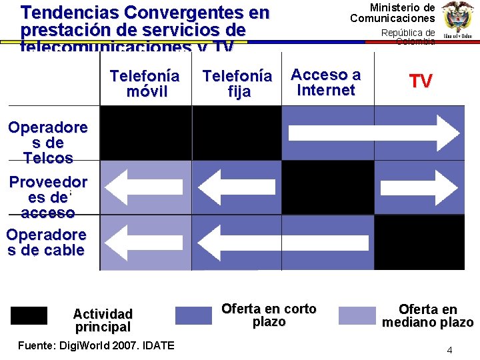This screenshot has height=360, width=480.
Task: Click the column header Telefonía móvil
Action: point(145,83)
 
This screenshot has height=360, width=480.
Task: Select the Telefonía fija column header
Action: point(237,84)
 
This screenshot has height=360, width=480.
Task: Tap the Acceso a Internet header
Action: point(326,82)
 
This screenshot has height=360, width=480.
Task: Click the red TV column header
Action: point(421,81)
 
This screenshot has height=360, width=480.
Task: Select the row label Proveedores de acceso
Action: point(48,197)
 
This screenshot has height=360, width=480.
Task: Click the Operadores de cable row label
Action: point(47,243)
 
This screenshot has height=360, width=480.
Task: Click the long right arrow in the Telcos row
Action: point(373,133)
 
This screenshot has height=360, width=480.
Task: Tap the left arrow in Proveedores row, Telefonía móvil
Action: point(145,187)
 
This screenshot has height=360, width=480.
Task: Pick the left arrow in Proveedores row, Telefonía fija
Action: point(237,187)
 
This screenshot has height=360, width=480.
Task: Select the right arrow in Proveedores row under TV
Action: point(419,187)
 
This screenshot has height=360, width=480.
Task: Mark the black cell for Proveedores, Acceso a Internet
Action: point(327,187)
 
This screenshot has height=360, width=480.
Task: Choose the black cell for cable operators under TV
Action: point(419,242)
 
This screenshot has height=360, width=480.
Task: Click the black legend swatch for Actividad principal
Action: point(29,315)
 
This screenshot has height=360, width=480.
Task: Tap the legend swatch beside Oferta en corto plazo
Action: point(193,315)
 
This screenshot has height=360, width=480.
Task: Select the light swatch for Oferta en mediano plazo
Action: point(357,315)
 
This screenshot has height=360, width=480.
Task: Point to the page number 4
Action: point(449,350)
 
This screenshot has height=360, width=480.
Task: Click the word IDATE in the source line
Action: point(157,345)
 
